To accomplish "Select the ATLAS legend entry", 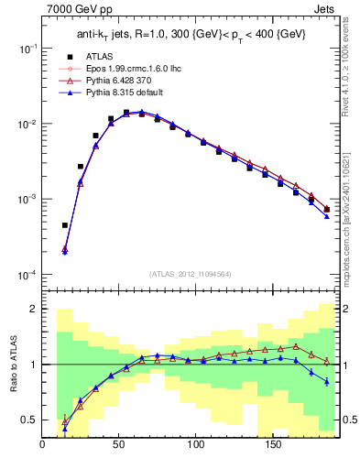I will pos(110,57).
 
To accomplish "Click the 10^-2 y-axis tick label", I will pos(27,124).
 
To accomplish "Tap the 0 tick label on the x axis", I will pos(43,445).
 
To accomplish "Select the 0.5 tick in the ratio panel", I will pos(30,420).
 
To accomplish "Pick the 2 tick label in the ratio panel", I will pos(34,309).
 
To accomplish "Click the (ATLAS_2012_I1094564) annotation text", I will pos(191,272).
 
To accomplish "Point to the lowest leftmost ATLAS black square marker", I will pos(65,224).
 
